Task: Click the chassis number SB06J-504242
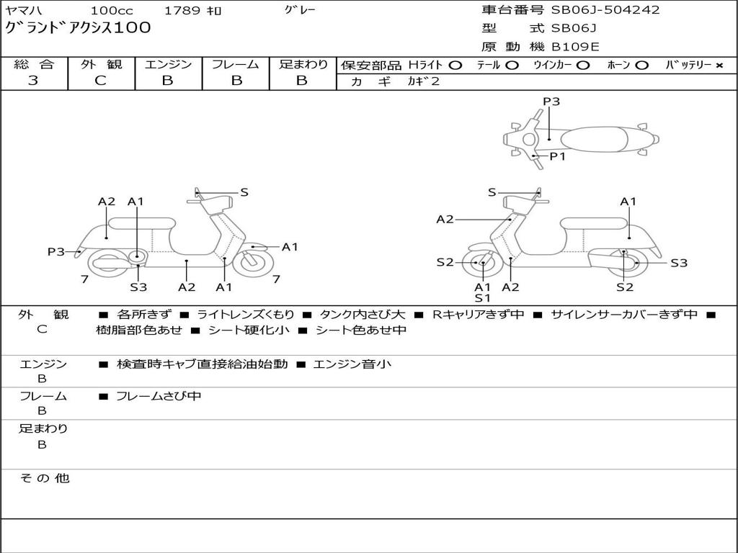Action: (x=605, y=10)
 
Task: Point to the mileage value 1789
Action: (x=182, y=11)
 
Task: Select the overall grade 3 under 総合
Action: (x=33, y=81)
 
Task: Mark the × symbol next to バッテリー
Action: (x=719, y=65)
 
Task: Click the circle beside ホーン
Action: (x=641, y=65)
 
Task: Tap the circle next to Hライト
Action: (x=455, y=65)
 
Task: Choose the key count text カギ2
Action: (x=423, y=81)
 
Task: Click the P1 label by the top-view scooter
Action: (x=558, y=156)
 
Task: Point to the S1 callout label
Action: (x=482, y=298)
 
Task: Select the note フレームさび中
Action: (x=159, y=396)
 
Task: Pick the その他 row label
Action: (x=44, y=478)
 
